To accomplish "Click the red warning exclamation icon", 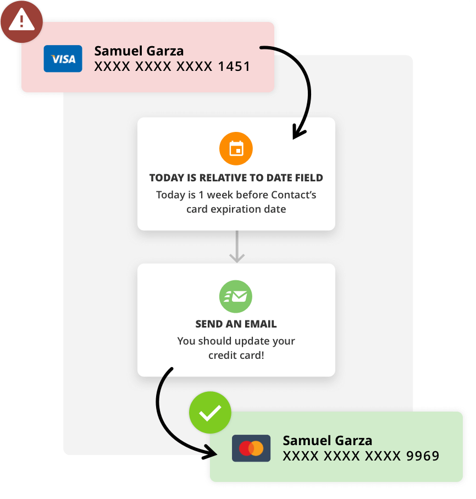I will click(21, 21).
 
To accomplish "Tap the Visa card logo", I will click(63, 59).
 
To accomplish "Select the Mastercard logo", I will click(251, 448).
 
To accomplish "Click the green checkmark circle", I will click(210, 413).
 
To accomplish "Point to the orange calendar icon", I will click(236, 149).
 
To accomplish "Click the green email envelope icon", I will click(236, 297).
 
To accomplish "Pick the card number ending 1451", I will click(172, 67).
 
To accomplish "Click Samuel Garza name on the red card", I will click(139, 51).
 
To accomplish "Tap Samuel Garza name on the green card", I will click(327, 440).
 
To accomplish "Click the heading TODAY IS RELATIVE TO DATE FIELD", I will click(236, 178).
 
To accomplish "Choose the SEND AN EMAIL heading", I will click(236, 324).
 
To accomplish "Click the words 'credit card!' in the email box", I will click(236, 355).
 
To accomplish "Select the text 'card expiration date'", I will click(236, 209).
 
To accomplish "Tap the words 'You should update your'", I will click(236, 341).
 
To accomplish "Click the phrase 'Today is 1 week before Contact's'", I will click(236, 195).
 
